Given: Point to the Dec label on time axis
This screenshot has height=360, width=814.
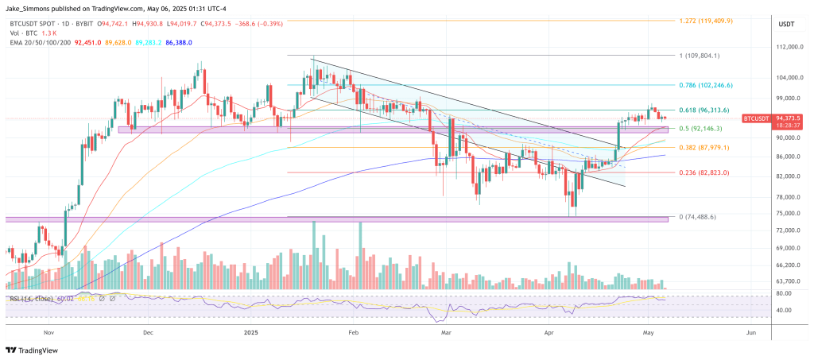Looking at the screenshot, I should click(x=149, y=335).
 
